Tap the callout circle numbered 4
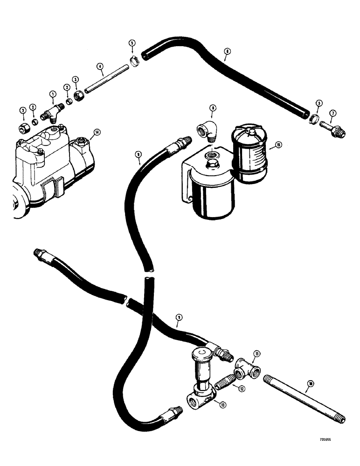pos(100,67)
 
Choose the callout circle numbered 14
pos(97,133)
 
